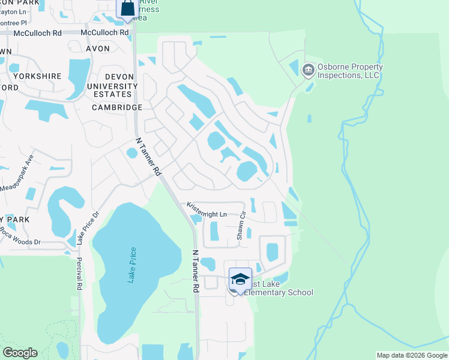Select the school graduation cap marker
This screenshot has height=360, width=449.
coord(240,279)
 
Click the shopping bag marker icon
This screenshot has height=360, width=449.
coord(128,8)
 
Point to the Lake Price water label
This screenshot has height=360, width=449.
coord(133,265)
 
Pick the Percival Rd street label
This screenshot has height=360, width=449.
coord(79,274)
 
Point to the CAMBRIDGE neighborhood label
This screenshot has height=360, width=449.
coord(117,107)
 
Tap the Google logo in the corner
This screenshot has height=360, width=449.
coord(20,353)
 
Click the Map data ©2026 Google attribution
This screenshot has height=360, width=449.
coord(412,355)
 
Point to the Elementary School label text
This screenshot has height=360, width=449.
coord(280,293)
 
